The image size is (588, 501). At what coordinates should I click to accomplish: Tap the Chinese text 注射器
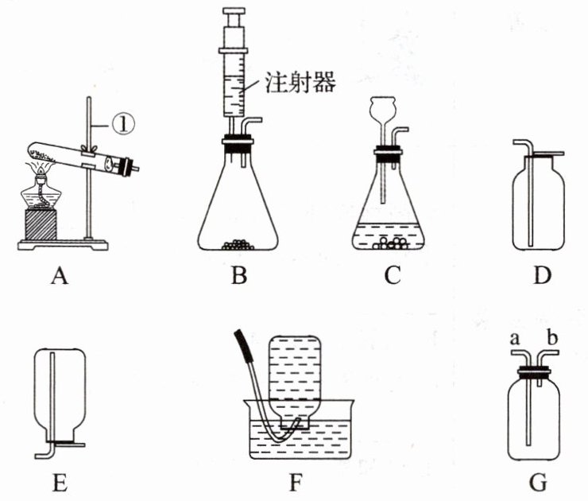click(303, 82)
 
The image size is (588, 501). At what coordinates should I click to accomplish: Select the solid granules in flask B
click(236, 245)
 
